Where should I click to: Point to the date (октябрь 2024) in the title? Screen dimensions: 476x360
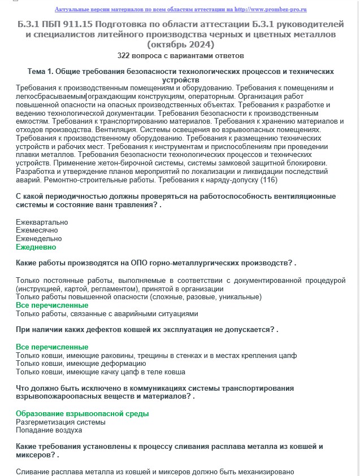[180, 45]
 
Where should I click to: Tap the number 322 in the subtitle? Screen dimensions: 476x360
[125, 56]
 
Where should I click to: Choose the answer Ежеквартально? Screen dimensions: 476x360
[42, 222]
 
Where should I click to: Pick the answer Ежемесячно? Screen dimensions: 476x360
[37, 230]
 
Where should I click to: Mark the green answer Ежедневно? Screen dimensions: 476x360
[36, 247]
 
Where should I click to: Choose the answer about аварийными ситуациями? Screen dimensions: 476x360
[107, 313]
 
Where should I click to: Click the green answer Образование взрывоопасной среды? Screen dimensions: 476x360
[82, 413]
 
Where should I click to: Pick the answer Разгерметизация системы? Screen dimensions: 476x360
[60, 422]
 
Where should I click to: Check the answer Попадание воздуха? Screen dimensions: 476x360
[49, 430]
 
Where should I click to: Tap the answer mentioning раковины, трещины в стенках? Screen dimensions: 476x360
[156, 355]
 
